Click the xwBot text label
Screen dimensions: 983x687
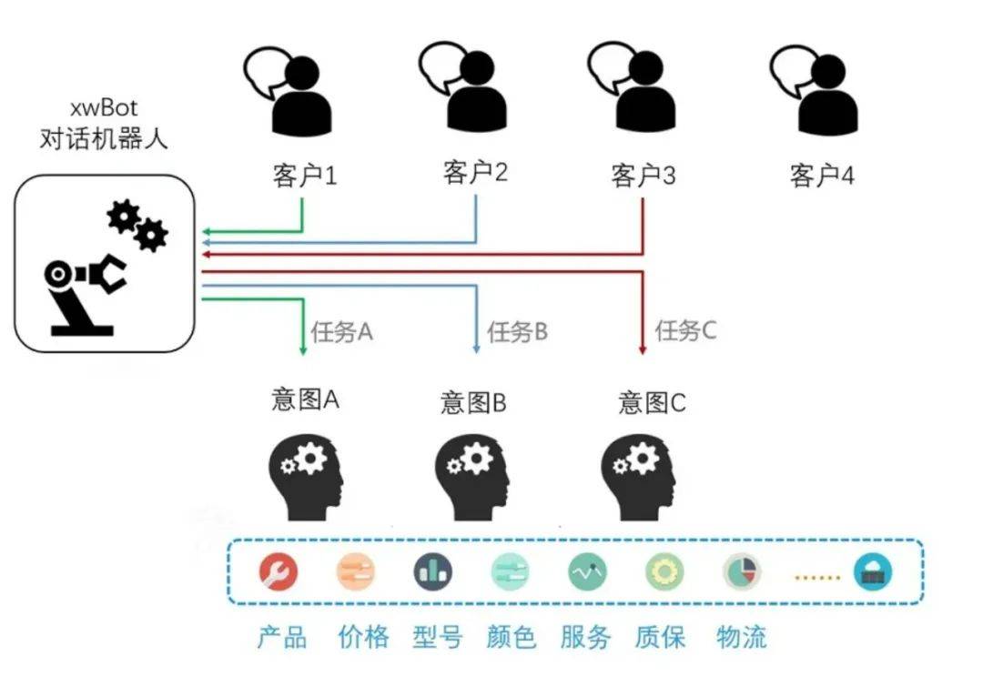pos(104,107)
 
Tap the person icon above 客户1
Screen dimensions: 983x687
pos(289,91)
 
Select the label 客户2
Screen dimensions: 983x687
pos(475,172)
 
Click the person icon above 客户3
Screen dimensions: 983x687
pos(632,86)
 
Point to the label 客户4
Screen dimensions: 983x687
pos(822,176)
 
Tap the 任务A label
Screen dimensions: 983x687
pos(341,331)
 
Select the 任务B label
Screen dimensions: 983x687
pos(517,331)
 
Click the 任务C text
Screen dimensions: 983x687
pos(686,329)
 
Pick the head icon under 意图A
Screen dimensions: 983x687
pos(306,478)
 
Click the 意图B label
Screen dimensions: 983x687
pos(473,402)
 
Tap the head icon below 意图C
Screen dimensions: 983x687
pos(638,478)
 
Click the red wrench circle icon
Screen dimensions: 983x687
pos(279,571)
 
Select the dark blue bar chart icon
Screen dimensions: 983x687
pos(433,571)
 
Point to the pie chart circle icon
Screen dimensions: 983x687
pos(743,571)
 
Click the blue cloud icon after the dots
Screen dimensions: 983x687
pos(873,571)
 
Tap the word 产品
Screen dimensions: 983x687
pos(282,637)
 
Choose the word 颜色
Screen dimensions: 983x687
pos(511,637)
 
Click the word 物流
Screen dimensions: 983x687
pos(742,637)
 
